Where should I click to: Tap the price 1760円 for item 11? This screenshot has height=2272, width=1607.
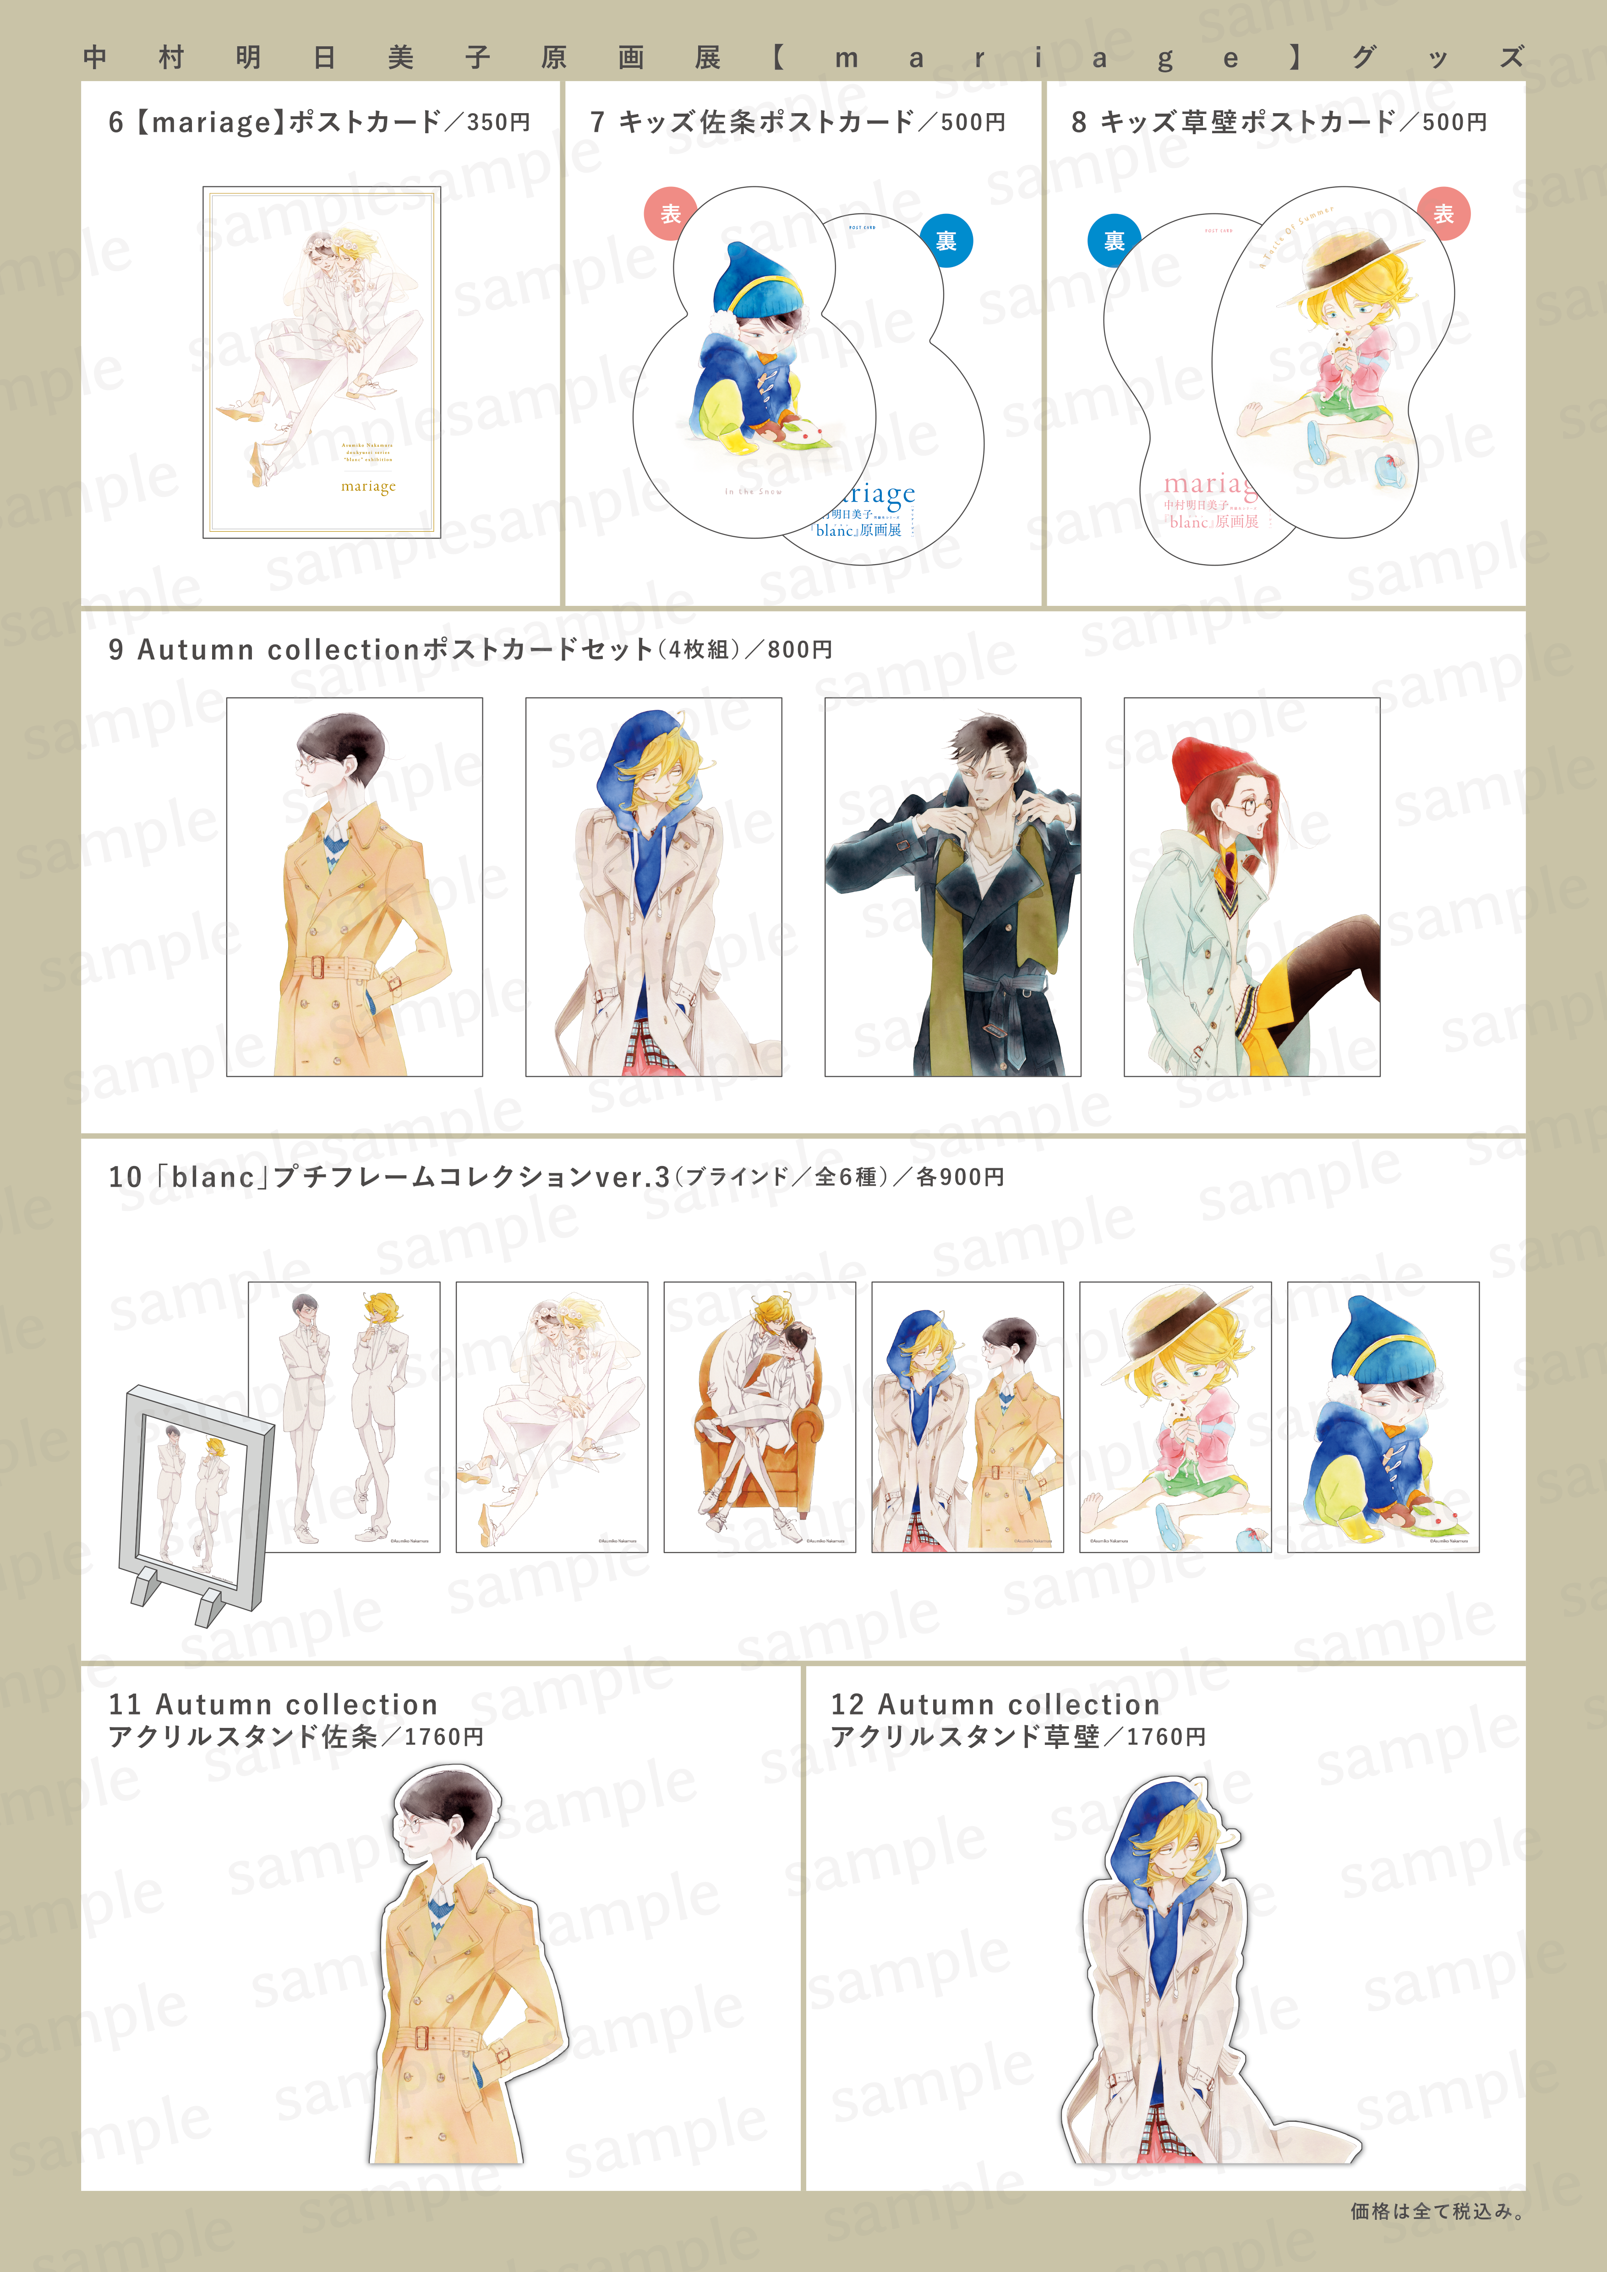point(443,1737)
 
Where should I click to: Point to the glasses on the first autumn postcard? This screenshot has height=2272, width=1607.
point(310,765)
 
